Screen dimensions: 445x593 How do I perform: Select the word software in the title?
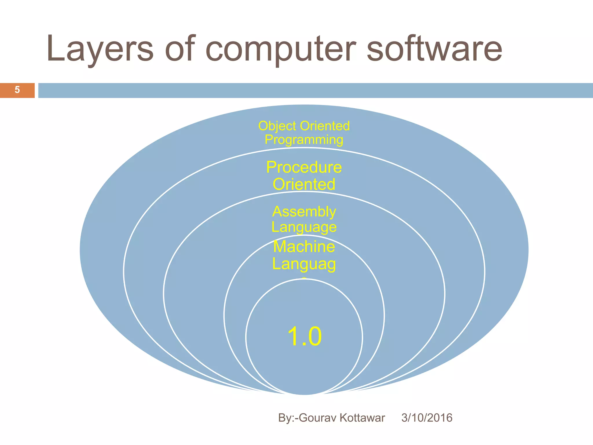434,49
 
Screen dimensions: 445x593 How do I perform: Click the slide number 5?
17,90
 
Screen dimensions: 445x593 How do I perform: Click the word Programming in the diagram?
304,140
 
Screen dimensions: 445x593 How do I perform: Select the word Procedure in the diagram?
304,167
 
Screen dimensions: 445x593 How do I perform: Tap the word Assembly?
304,211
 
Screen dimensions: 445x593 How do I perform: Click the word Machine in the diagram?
304,247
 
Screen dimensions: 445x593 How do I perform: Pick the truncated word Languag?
304,264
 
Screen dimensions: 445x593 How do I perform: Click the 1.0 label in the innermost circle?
304,336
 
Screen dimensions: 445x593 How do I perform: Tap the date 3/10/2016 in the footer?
427,418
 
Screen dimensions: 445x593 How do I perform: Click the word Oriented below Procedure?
304,184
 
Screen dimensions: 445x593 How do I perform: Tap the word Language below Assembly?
304,227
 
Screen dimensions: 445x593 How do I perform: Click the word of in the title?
179,49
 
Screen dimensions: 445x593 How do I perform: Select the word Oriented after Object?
325,126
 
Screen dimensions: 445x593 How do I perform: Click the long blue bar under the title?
316,90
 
